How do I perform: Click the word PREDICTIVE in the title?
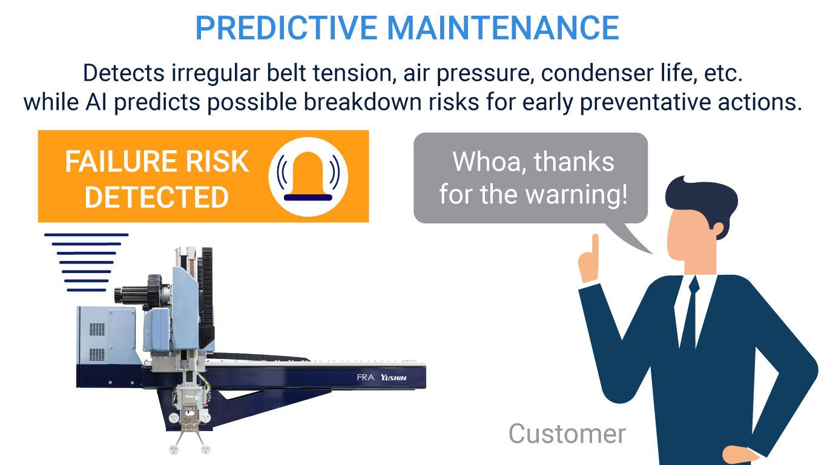tap(286, 28)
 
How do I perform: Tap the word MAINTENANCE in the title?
tap(503, 28)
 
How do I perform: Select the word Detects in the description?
tap(124, 73)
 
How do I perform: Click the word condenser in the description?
tap(598, 73)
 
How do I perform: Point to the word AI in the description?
tap(96, 102)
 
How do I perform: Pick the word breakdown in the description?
tap(362, 102)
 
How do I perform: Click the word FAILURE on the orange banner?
tap(122, 162)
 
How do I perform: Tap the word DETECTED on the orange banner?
tap(157, 197)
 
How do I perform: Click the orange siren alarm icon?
tap(308, 177)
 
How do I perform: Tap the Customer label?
tap(567, 434)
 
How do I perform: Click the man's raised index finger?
tap(595, 246)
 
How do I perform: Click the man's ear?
tap(718, 229)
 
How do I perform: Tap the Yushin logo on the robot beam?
tap(394, 377)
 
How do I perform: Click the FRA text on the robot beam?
tap(366, 377)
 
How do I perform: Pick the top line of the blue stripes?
tap(87, 234)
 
